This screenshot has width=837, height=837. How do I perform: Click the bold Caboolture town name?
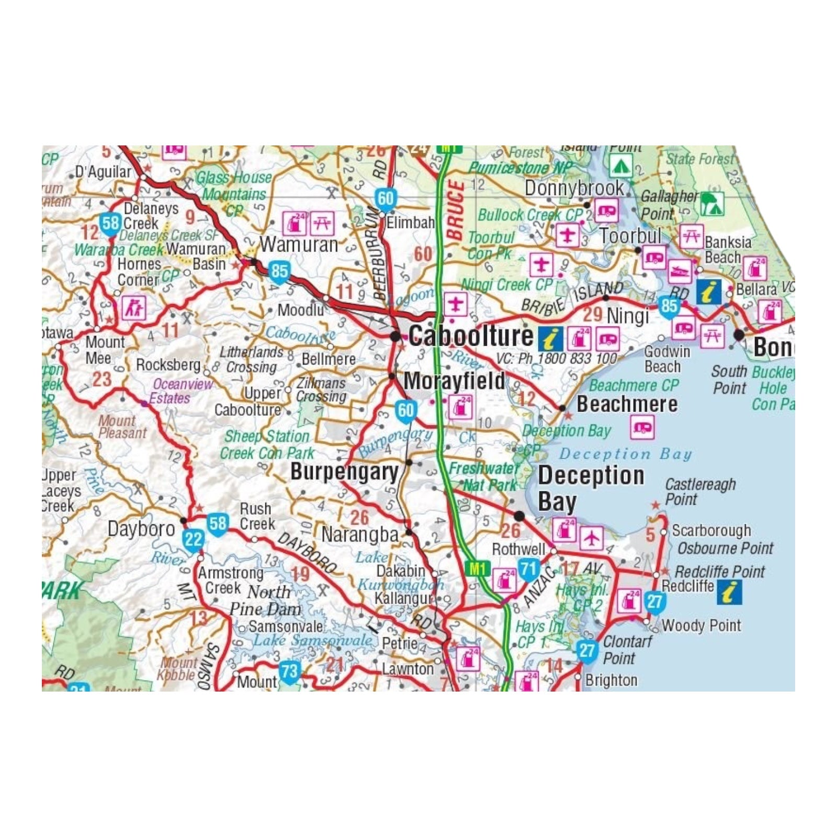point(470,336)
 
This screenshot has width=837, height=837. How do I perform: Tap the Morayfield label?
point(454,381)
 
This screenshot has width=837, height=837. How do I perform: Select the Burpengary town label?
point(344,472)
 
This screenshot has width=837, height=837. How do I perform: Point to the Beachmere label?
point(627,404)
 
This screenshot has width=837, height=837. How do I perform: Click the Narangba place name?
point(360,535)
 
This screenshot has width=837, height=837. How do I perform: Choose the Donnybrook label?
point(574,188)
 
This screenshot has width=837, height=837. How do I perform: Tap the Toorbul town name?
point(630,236)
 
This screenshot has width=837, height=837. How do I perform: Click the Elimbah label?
point(410,223)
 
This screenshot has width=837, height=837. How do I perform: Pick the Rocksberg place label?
point(168,365)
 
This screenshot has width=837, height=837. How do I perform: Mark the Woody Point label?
point(701,625)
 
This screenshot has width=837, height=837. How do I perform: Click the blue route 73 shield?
point(289,672)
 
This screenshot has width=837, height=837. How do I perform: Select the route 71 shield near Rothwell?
point(528,569)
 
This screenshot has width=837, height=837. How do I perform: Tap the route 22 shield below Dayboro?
point(193,539)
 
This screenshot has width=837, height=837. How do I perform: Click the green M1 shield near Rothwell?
point(477,569)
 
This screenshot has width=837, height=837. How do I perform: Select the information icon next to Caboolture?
point(550,339)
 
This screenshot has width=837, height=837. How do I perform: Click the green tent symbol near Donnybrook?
point(620,166)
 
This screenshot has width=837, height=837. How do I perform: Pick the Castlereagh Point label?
point(699,492)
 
